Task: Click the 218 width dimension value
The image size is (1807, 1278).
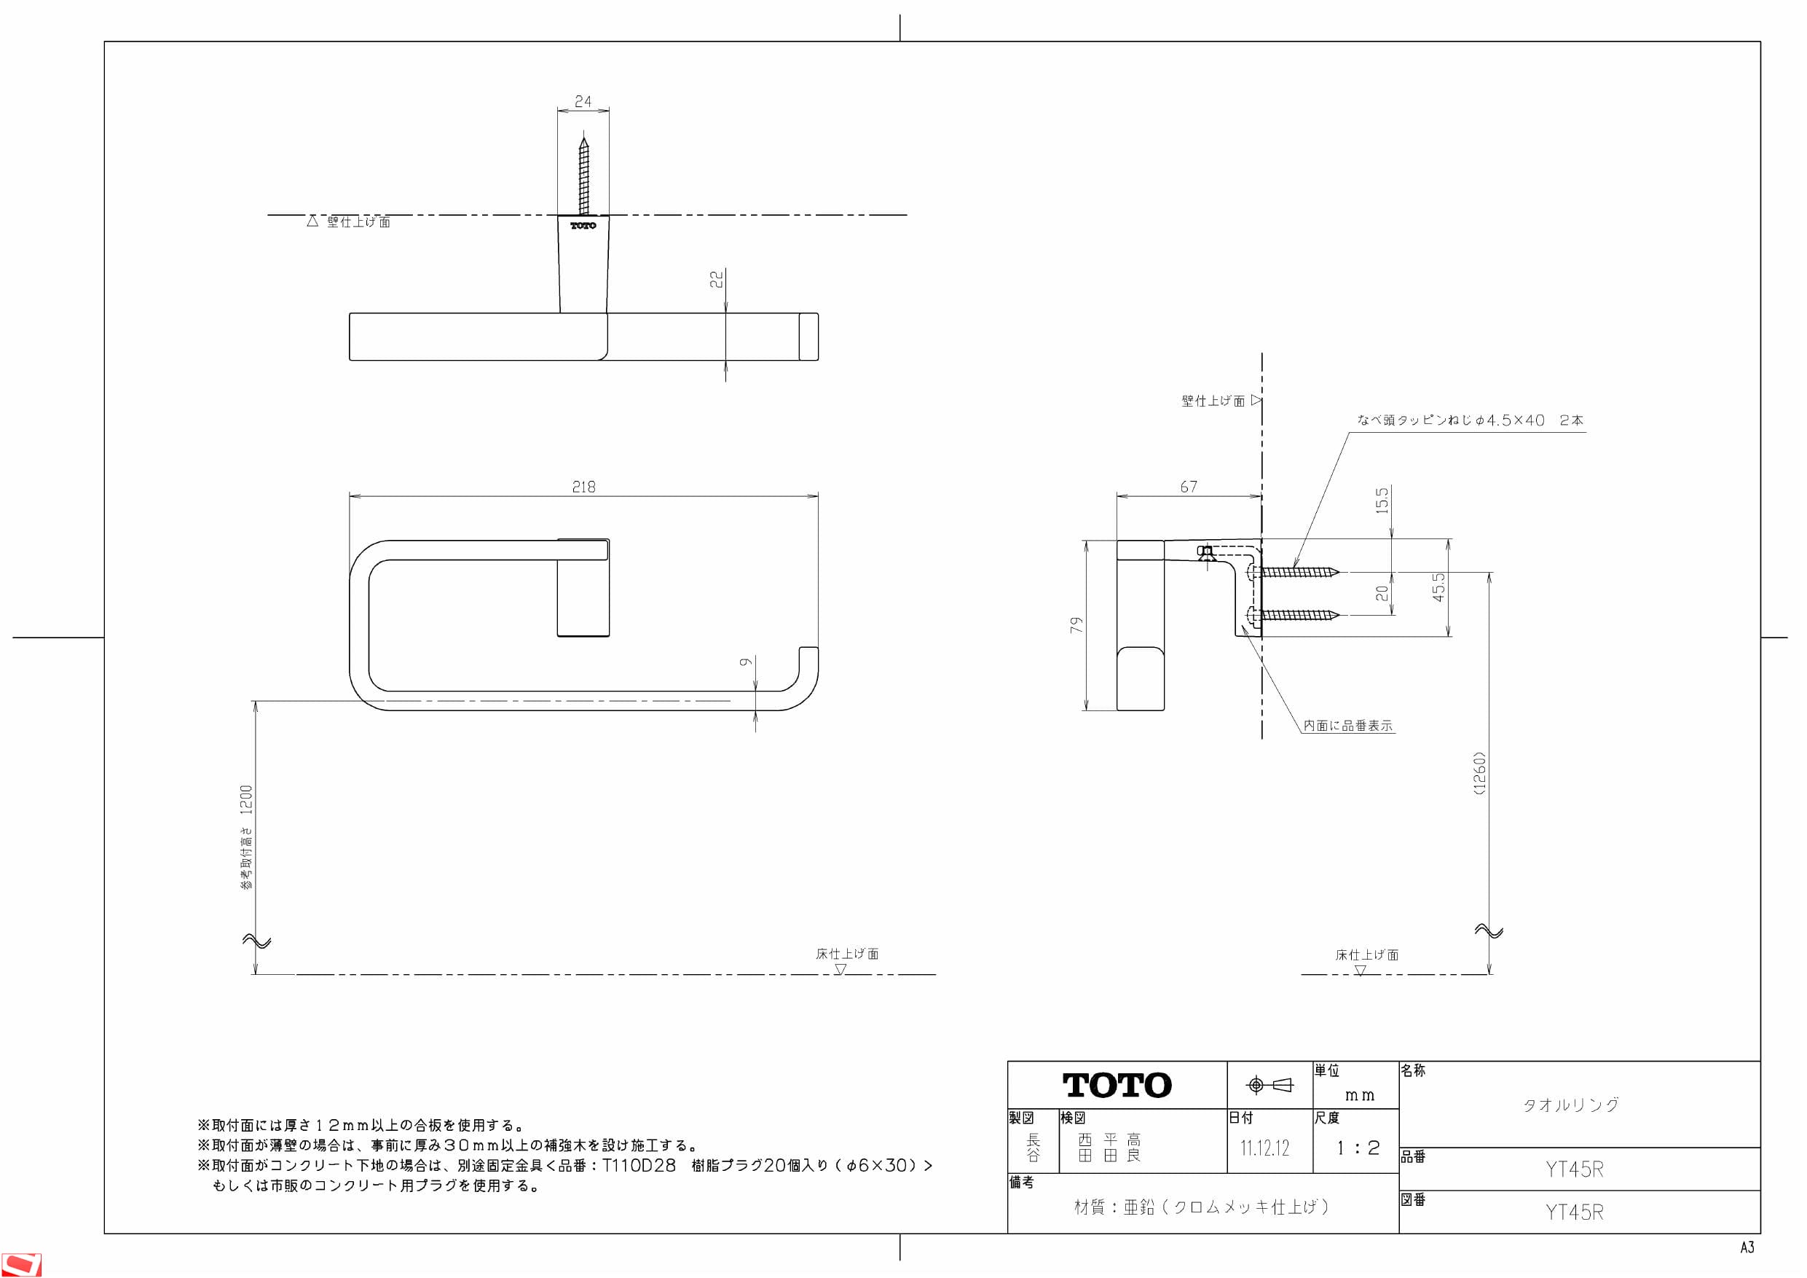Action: coord(583,487)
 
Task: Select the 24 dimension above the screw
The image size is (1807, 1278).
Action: coord(583,101)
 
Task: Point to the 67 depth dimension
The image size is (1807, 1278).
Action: coord(1189,487)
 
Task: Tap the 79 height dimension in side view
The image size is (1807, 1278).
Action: coord(1076,624)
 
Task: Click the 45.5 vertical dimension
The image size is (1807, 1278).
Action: coord(1438,587)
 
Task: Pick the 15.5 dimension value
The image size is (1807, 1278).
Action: coord(1382,500)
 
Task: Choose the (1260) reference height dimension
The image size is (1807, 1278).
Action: coord(1479,773)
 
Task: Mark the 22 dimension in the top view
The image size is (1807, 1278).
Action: coord(716,279)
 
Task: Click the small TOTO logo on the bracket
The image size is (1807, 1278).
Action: coord(583,226)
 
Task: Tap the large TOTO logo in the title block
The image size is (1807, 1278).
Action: coord(1117,1086)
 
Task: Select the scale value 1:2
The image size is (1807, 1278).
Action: coord(1358,1148)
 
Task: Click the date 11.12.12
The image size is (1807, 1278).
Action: coord(1264,1148)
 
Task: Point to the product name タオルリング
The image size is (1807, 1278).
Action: coord(1571,1104)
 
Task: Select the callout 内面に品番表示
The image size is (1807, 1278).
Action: coord(1348,725)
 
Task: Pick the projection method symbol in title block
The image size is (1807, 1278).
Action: coord(1269,1085)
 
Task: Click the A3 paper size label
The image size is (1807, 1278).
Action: coord(1747,1247)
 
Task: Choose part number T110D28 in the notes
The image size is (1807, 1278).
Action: coord(638,1165)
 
